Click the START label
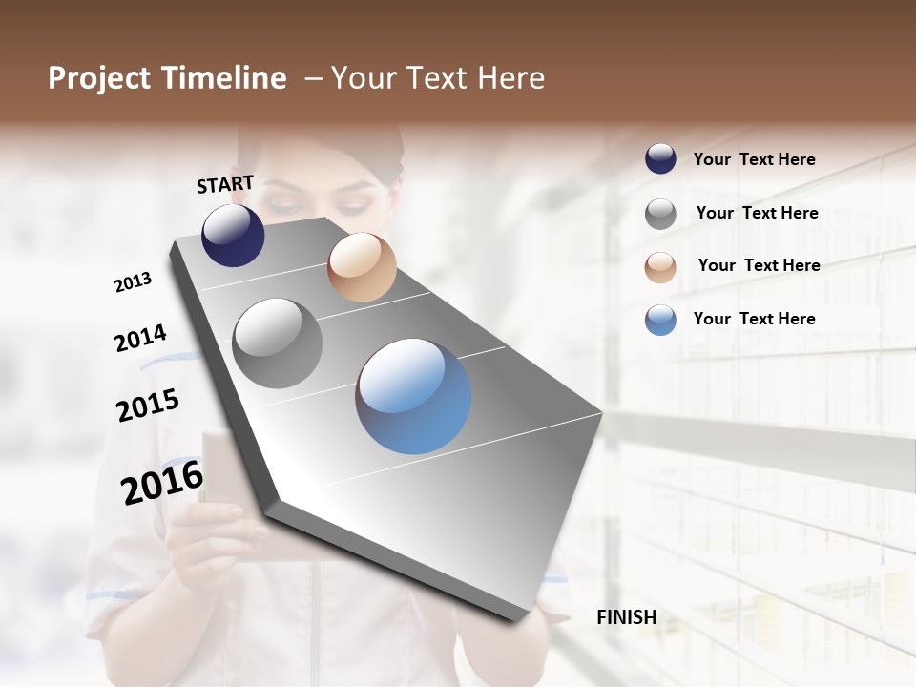(225, 184)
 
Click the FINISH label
(626, 617)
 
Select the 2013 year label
(133, 282)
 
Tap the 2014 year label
(140, 338)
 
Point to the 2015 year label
(148, 406)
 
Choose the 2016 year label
(162, 482)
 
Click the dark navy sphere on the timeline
(233, 236)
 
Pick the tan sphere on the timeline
(362, 267)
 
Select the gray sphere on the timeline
(278, 343)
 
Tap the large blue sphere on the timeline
(413, 396)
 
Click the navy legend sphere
(660, 159)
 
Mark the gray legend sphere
(660, 214)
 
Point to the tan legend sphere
(660, 267)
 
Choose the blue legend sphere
(660, 320)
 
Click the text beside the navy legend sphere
(754, 159)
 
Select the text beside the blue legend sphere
(754, 319)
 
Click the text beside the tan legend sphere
(759, 265)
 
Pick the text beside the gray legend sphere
(757, 213)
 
